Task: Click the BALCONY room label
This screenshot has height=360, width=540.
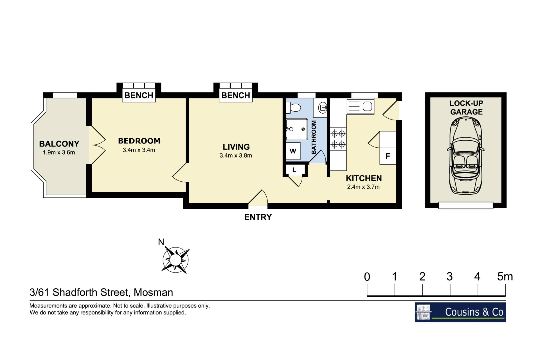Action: pos(59,144)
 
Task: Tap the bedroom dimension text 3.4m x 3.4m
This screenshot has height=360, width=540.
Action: pos(139,150)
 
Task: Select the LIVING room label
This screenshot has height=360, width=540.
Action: pos(236,147)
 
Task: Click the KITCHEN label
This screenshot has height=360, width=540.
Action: pos(364,178)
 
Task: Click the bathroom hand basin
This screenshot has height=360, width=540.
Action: pos(323,107)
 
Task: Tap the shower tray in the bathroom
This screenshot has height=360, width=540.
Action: pos(297,129)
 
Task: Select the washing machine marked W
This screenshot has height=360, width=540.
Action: pos(293,151)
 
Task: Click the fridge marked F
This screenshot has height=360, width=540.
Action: pos(388,156)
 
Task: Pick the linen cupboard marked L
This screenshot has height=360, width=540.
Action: pos(294,170)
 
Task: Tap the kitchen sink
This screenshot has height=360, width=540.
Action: pos(361,107)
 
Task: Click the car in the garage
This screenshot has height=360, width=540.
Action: pos(466,156)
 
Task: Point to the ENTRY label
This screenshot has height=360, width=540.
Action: pos(258,217)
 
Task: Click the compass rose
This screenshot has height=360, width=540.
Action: pos(176,260)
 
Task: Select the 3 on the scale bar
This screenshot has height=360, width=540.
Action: pos(449,277)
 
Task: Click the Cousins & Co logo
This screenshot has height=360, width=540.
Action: pos(460,312)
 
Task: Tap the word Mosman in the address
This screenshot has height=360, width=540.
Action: pos(153,292)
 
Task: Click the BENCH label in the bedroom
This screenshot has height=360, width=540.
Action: pos(139,95)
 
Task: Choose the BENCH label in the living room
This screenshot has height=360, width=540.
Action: pos(236,95)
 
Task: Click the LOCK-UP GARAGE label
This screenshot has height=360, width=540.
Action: pos(466,108)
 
